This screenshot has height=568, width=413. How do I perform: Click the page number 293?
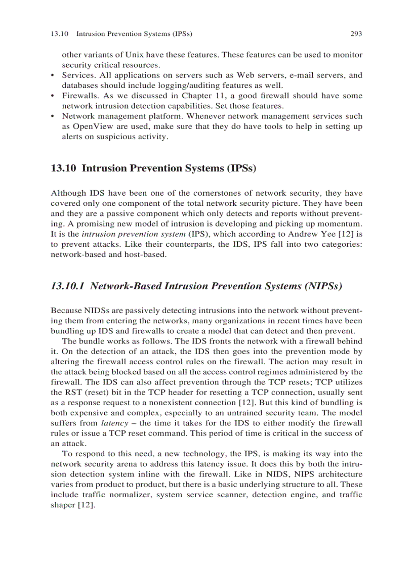coord(356,34)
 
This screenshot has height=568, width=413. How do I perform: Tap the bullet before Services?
coord(53,75)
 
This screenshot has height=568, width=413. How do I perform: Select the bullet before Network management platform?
coord(53,116)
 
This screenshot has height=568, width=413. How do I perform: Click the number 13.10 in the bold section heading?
coord(63,168)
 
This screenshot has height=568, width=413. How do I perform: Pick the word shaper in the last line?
coord(62,505)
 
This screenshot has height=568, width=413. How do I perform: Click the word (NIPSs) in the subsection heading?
coord(322,286)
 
